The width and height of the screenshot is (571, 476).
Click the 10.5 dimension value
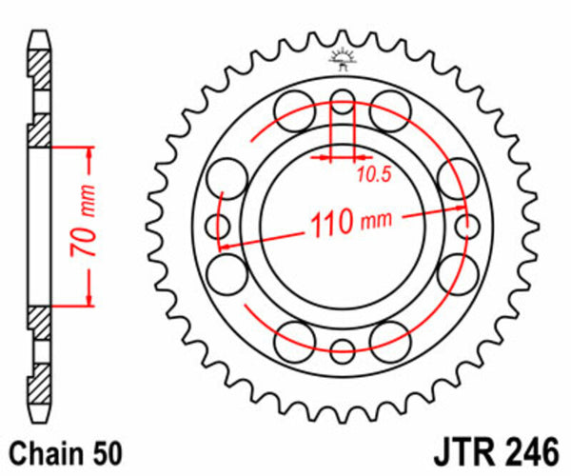coord(374,174)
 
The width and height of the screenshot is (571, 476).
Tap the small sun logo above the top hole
coord(343,60)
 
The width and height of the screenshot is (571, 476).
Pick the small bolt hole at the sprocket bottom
coord(343,348)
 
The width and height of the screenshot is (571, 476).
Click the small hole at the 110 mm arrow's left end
coord(216,225)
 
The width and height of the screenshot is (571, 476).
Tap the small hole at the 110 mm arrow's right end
coord(467,225)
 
